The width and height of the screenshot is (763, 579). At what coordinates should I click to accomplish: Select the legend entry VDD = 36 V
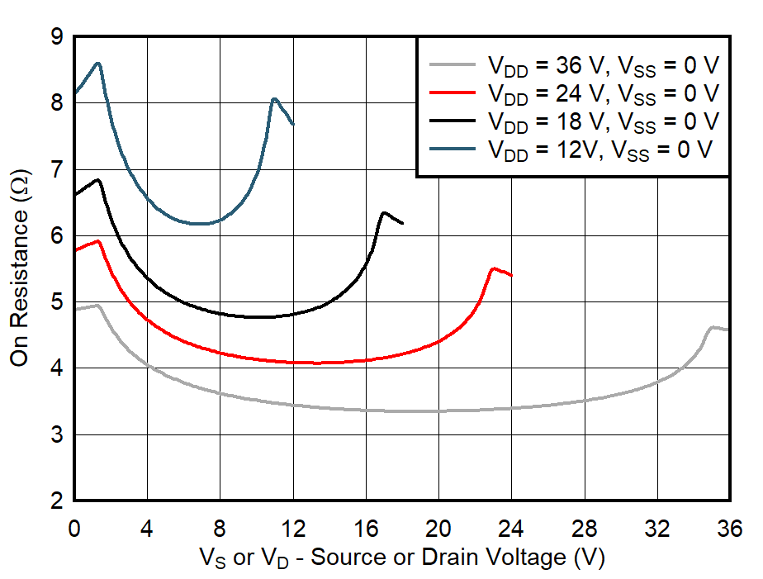tap(603, 64)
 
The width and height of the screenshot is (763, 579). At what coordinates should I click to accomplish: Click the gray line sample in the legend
tap(452, 64)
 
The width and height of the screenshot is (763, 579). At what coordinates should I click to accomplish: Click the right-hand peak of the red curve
tap(493, 268)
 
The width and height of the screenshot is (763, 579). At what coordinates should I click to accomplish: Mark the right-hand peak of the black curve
tap(384, 212)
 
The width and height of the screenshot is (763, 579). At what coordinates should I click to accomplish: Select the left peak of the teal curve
tap(98, 63)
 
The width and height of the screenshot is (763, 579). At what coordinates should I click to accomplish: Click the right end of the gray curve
tap(729, 330)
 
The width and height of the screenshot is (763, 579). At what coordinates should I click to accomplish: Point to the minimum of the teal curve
tap(201, 223)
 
